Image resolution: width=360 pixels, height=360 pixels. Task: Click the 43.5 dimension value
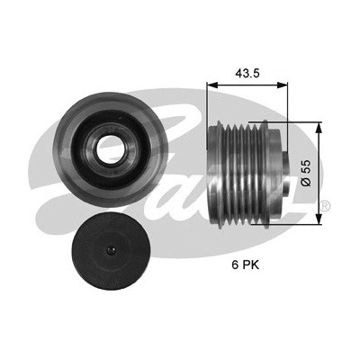(x=247, y=73)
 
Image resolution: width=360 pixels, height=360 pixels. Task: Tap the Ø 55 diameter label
(x=306, y=173)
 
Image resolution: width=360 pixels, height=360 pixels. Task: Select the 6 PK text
(x=245, y=265)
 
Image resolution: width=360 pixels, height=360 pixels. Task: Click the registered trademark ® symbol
(x=326, y=206)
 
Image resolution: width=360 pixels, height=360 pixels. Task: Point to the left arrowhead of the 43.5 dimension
(x=211, y=85)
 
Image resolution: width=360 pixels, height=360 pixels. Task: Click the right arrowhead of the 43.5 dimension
(x=283, y=85)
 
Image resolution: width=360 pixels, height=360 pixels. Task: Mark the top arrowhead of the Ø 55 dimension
(x=319, y=127)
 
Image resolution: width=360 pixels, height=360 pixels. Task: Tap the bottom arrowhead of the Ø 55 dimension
(x=319, y=219)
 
